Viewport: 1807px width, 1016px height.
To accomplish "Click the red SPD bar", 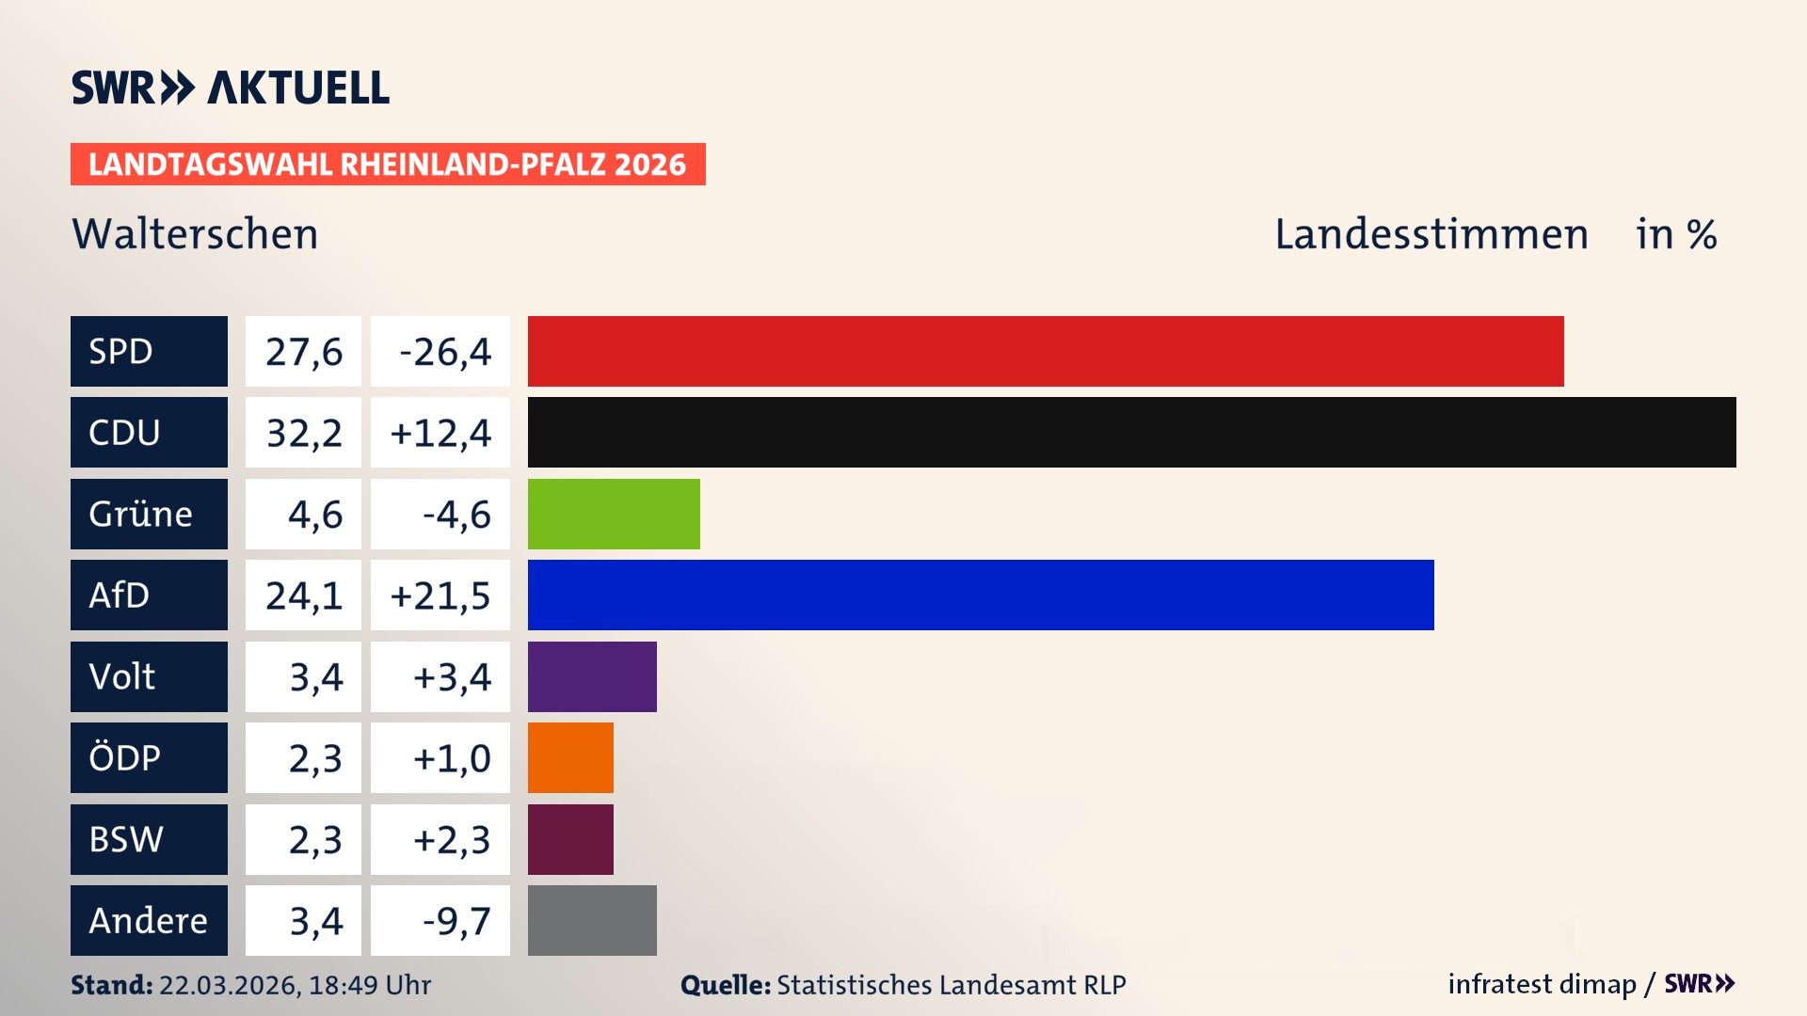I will pos(1045,351).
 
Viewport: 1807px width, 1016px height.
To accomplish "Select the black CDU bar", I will pos(1131,432).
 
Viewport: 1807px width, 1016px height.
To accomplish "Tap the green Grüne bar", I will pos(614,514).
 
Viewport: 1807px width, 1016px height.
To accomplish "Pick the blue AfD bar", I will pos(981,595).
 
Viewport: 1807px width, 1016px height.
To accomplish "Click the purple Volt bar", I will pos(592,676).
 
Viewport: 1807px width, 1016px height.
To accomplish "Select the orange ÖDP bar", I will pos(570,757).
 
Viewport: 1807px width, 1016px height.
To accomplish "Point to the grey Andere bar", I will pos(592,920).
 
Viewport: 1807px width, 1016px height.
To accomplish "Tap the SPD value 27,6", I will pos(303,352).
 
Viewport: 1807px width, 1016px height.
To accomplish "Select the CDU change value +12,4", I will pos(440,433).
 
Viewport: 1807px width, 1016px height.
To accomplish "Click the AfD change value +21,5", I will pos(440,595).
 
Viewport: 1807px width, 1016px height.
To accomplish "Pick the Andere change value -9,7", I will pos(456,921).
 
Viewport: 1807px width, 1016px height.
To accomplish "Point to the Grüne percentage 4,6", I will pos(314,515).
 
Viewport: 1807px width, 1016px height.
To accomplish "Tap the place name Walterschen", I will pos(195,234).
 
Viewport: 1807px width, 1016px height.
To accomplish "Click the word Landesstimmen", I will pos(1431,234).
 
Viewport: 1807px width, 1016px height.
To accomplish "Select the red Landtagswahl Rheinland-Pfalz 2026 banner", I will pos(388,165).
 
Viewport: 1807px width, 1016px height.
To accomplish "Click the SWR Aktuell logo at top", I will pos(231,87).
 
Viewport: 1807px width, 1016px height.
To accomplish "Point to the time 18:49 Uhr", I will pos(370,985).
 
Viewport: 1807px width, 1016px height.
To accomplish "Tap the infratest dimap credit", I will pos(1542,984).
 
